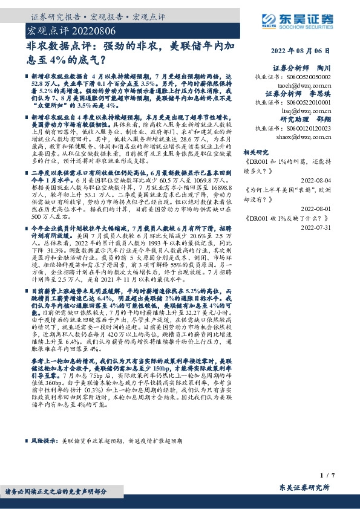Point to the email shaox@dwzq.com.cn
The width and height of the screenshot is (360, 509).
coord(304,137)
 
